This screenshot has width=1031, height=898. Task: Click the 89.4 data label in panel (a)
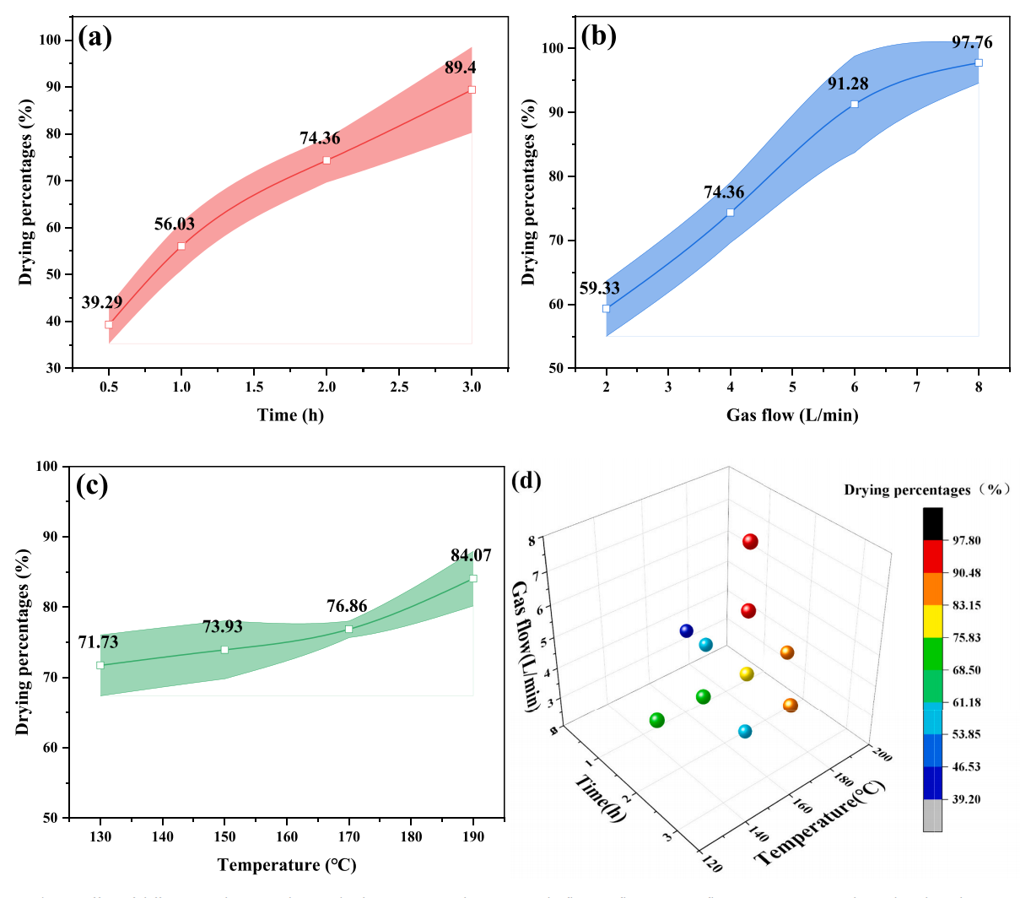point(461,68)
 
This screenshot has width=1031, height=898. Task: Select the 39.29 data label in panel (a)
point(102,302)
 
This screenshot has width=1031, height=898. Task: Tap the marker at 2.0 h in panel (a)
point(327,160)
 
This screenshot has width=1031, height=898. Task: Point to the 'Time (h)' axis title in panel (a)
point(290,414)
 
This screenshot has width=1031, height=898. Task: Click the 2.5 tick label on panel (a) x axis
point(399,387)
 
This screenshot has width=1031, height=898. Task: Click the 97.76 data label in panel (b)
point(972,42)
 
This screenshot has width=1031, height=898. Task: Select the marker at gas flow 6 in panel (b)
point(855,105)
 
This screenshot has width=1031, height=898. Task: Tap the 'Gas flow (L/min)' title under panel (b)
point(792,414)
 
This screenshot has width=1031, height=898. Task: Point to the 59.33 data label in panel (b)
point(600,288)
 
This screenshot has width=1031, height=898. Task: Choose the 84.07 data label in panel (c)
point(471,555)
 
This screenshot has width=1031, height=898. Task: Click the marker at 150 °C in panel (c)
point(224,650)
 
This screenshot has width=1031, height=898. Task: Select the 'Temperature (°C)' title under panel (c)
point(287,865)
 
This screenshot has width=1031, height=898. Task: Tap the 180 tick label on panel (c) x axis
point(411,836)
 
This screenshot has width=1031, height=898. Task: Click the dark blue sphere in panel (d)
point(687,631)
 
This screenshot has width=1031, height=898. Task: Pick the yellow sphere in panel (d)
point(746,673)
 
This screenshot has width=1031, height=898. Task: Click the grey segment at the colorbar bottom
point(932,815)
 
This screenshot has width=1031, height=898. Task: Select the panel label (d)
point(526,481)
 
